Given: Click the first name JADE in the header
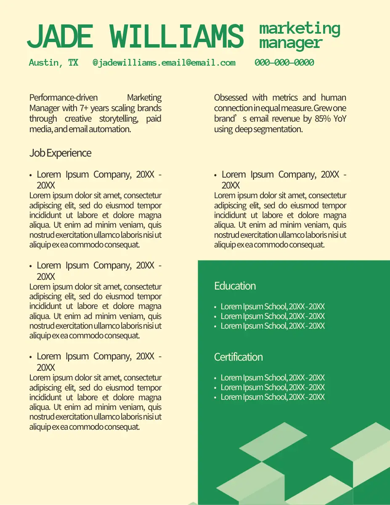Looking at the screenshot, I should (x=60, y=36).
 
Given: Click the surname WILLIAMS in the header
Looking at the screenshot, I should (x=178, y=36).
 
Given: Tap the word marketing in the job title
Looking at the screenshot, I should (x=300, y=29).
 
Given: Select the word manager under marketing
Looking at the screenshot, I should (x=290, y=43).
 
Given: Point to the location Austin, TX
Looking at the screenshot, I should (x=53, y=63).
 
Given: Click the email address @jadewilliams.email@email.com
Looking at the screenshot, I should (x=164, y=63).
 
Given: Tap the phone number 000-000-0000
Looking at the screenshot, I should (x=284, y=63).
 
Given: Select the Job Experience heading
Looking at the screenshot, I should (x=60, y=153).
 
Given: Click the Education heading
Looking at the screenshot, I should (x=235, y=286).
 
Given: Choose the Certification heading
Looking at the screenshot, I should (x=238, y=357).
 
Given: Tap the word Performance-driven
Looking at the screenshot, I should (x=58, y=98).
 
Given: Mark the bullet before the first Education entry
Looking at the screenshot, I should (x=215, y=307).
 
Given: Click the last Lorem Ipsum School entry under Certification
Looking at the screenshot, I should (x=273, y=397).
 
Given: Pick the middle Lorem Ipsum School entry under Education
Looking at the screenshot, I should (x=273, y=316).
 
